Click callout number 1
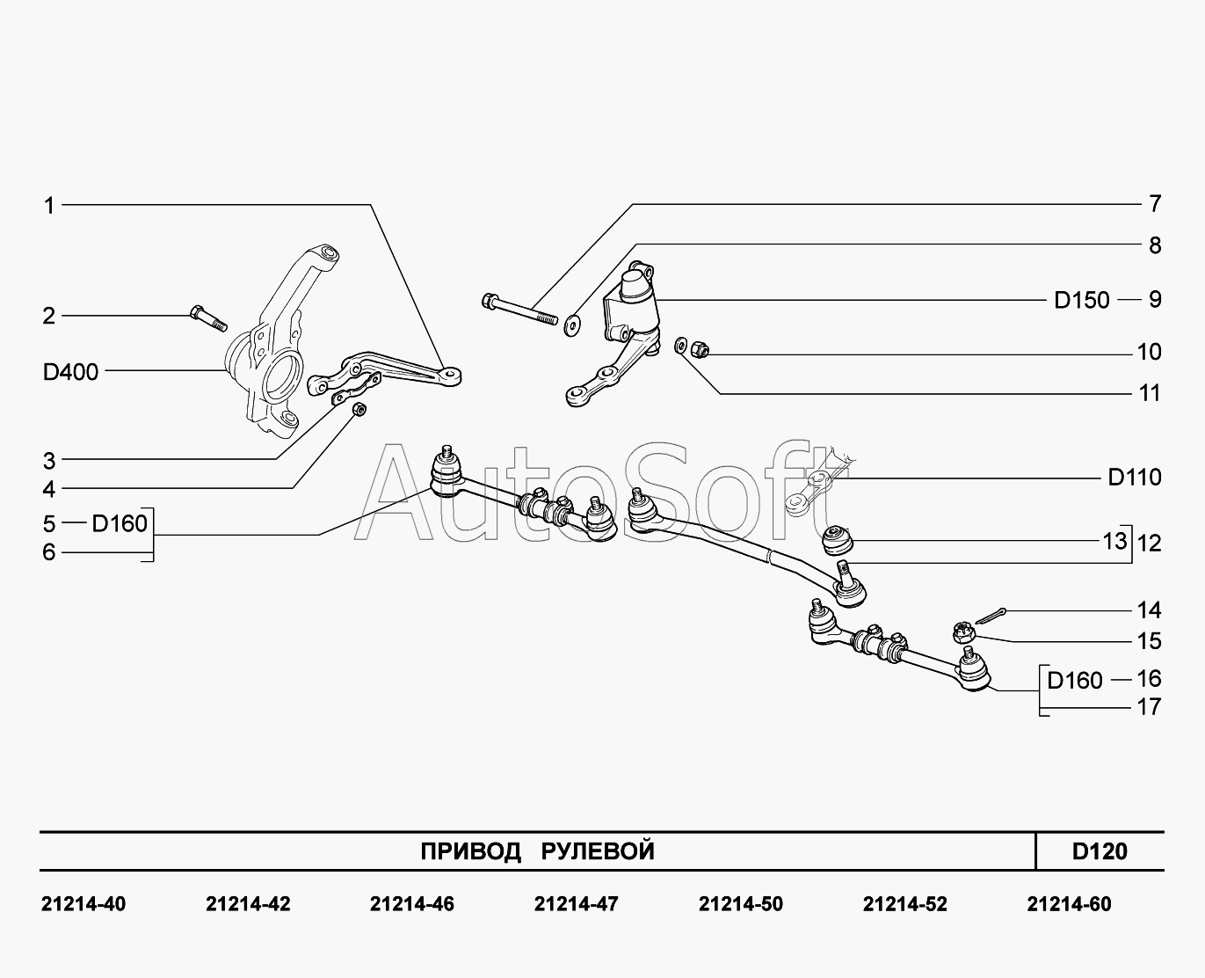50,206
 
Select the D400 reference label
71,372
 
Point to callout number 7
1155,204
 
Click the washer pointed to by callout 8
572,325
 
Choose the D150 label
1082,300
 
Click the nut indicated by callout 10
700,350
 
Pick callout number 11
1150,393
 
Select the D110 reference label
1135,478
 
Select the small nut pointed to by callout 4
359,411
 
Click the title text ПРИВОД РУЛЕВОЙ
537,851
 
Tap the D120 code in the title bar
1100,851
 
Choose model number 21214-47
576,904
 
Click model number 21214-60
1069,904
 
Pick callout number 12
1149,543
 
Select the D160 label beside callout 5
120,524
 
